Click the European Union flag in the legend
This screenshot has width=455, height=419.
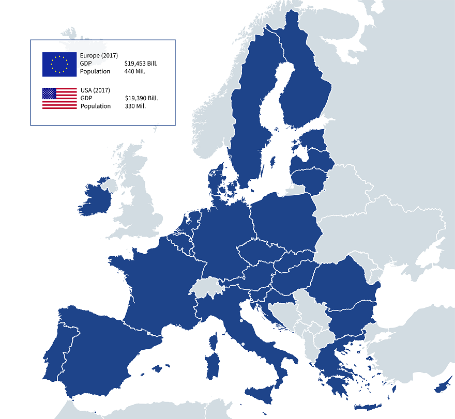click(59, 64)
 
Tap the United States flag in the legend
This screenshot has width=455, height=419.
click(59, 98)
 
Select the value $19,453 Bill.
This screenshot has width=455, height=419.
click(141, 64)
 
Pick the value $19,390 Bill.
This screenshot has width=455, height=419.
click(141, 98)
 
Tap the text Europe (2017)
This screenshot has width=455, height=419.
click(99, 55)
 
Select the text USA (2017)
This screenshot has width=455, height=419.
click(95, 90)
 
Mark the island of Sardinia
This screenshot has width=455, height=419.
click(211, 363)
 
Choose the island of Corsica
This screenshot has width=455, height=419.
click(213, 341)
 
